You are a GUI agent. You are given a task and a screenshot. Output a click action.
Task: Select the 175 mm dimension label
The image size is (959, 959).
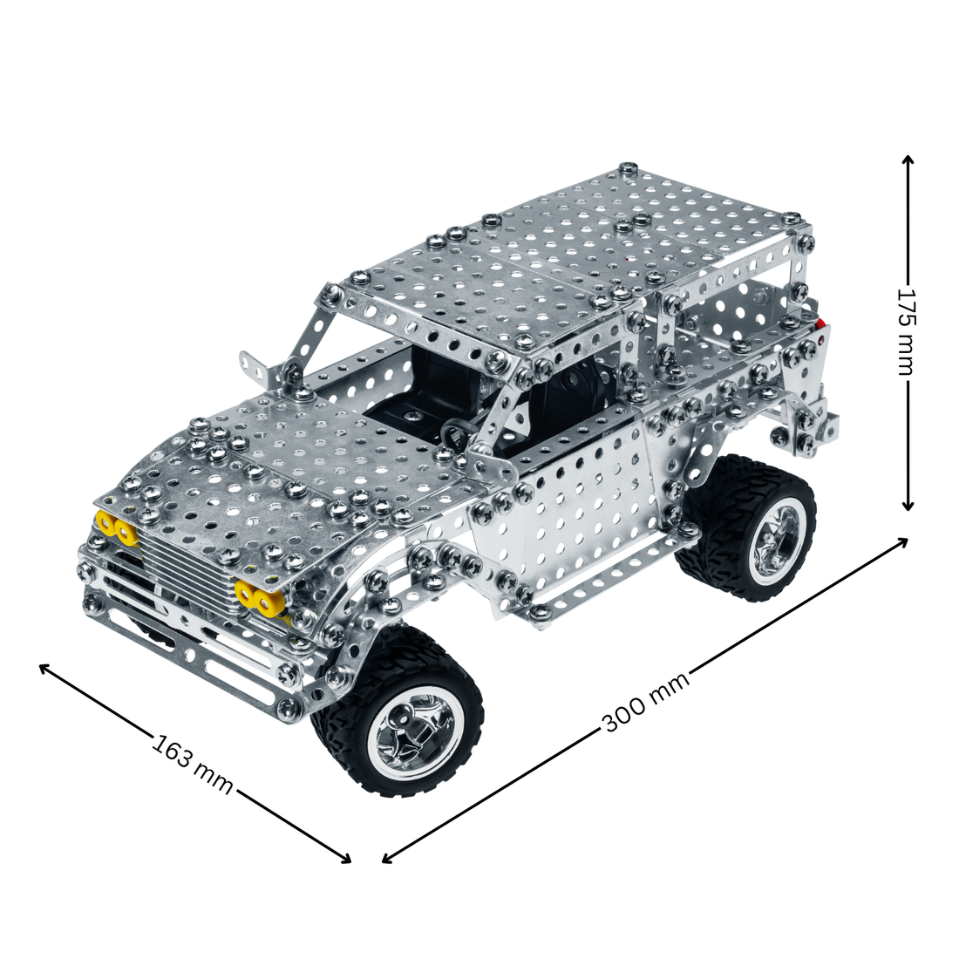pos(906,331)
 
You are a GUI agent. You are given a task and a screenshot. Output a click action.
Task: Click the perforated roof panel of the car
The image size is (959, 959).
pos(567,253)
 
